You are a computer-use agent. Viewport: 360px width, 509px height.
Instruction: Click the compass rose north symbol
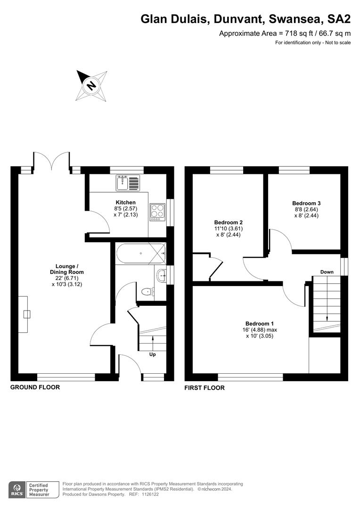[91, 85]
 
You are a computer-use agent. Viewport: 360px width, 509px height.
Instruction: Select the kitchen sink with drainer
[128, 182]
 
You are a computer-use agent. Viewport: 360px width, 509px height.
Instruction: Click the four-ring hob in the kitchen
[157, 212]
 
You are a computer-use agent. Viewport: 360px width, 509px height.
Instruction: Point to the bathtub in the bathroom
[140, 253]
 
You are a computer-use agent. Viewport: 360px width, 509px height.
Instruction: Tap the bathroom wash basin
[162, 275]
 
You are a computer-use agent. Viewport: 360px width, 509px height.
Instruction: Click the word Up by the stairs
[152, 354]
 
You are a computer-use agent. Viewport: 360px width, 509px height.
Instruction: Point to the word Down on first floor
[327, 272]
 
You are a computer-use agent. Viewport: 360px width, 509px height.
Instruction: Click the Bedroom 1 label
[259, 323]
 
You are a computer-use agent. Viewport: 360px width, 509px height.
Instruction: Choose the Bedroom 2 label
[228, 222]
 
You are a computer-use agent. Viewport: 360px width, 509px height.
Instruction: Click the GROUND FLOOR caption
[35, 387]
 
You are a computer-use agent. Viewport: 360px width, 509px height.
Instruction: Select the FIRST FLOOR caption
[205, 388]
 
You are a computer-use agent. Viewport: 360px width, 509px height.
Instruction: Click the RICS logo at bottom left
[16, 489]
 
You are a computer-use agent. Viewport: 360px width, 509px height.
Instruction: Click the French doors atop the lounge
[51, 160]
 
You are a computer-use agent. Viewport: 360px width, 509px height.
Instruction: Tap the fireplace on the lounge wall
[24, 314]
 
